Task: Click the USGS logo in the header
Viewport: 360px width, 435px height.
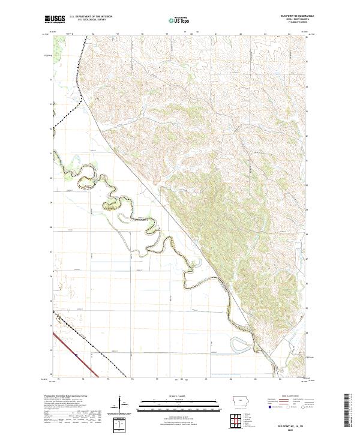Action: [x=55, y=20]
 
